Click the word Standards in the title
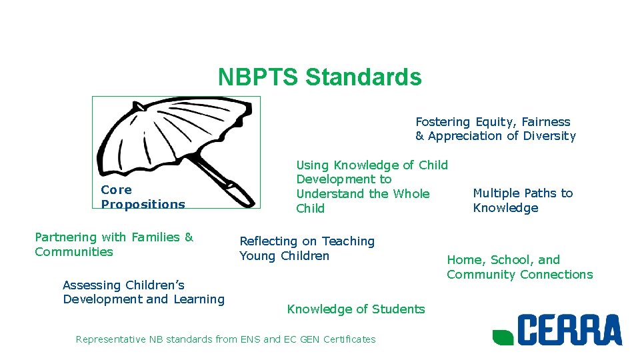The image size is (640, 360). pos(363,77)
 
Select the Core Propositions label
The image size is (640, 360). pos(143,197)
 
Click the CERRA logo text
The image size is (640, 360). pos(569,330)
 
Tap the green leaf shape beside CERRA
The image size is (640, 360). pos(503,336)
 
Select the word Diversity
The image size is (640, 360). pos(549,136)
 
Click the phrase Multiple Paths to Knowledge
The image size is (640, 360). pos(523,200)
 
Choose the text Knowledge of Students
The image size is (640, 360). pos(355,309)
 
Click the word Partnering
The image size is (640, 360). pos(65,237)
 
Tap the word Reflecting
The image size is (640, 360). pos(269,241)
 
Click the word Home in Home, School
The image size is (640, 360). pos(461,260)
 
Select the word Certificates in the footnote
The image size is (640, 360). pos(349,339)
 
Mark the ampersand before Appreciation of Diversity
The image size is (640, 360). pos(420,136)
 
